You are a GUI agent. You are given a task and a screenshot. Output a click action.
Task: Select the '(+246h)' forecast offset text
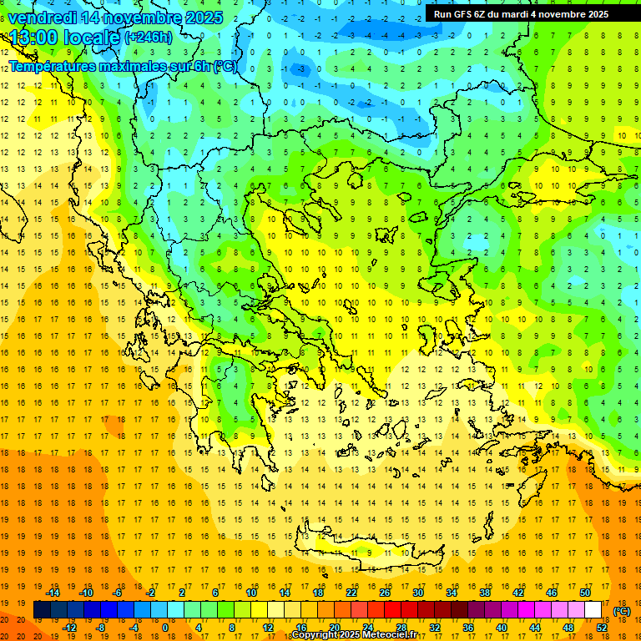tap(148, 38)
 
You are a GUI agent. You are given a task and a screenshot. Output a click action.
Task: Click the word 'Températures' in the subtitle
tap(53, 66)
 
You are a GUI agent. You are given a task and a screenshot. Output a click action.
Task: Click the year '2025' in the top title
tap(204, 18)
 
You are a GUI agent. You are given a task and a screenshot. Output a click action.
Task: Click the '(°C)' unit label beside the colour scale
tap(622, 611)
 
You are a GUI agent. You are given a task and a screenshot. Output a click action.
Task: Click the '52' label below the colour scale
tap(601, 628)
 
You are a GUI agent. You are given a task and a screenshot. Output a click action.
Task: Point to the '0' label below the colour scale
tap(164, 628)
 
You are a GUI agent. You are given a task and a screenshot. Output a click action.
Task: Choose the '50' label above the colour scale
tap(585, 593)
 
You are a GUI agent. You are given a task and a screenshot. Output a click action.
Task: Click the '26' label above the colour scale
tap(385, 593)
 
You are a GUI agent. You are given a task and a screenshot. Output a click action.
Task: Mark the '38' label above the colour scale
tap(485, 593)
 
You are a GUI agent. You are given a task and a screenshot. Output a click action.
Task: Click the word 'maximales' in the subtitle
tap(130, 66)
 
